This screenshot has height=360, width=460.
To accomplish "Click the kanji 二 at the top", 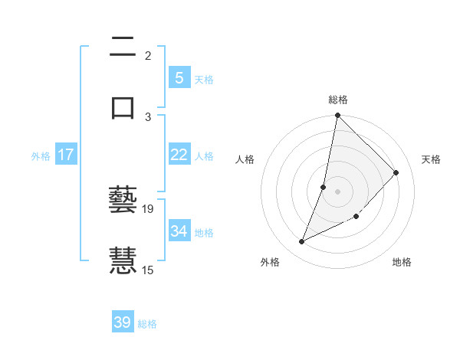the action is coord(123,48).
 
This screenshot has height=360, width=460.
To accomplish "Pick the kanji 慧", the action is coord(123,260).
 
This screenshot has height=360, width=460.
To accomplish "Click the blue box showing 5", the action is coord(179,78).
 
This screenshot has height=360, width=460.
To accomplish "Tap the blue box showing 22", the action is coord(179,155).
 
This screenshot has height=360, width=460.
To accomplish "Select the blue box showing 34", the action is coord(179,231).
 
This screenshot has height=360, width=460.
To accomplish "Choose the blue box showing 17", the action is coord(65,155).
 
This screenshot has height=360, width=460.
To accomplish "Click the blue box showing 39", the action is coord(123,322).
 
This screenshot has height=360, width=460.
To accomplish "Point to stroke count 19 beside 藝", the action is coord(148,208).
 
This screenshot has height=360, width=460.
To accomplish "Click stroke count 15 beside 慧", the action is coord(148,270).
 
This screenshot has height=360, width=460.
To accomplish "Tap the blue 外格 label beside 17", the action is coord(41,155).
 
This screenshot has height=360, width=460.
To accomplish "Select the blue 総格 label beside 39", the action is coord(147,323).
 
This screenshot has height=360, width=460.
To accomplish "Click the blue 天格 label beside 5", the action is coord(204,79).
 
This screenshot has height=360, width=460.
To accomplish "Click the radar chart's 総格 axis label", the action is coord(338,100).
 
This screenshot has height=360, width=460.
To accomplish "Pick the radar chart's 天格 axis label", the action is coord(431,159).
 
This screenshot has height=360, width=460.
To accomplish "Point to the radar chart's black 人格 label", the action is coord(245,159).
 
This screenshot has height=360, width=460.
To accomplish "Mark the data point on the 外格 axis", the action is coord(302,242).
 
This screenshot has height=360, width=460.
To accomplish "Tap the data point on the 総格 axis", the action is coord(337,115).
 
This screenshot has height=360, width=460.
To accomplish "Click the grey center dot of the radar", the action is coord(338,191).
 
